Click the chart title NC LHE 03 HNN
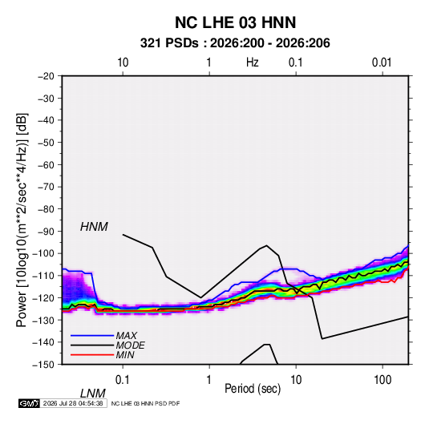[235, 22]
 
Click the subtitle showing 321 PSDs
[235, 43]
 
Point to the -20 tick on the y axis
[46, 76]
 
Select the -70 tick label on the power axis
[46, 187]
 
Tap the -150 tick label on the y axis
[44, 365]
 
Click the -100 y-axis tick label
[44, 253]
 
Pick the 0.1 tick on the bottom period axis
[123, 380]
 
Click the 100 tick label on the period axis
[382, 380]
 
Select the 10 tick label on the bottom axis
[296, 380]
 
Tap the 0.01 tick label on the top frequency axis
[382, 63]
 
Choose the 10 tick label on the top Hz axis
[123, 63]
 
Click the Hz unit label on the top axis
[253, 63]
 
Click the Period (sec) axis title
[253, 389]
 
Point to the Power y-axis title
[22, 220]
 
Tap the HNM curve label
[94, 227]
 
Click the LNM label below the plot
[93, 394]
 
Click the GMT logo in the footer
[29, 403]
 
